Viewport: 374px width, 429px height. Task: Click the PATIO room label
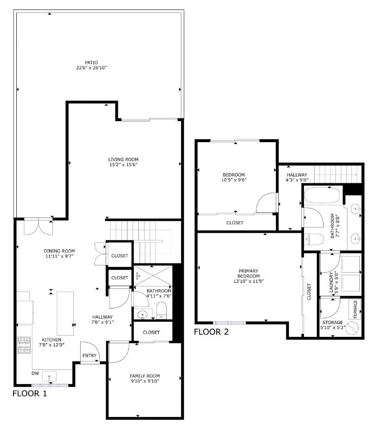click(x=91, y=62)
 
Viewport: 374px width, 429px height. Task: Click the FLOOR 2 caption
click(x=211, y=332)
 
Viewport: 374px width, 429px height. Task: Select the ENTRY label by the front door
click(x=89, y=356)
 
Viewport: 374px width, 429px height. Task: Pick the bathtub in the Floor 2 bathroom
click(x=322, y=195)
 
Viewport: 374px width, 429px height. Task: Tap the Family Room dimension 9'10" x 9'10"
click(x=145, y=381)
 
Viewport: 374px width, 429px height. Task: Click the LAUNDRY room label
click(x=331, y=282)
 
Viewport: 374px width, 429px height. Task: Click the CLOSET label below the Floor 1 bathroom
click(x=151, y=332)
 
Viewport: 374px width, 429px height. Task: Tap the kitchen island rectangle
click(x=66, y=313)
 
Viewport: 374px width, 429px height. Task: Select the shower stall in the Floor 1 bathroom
click(x=153, y=276)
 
